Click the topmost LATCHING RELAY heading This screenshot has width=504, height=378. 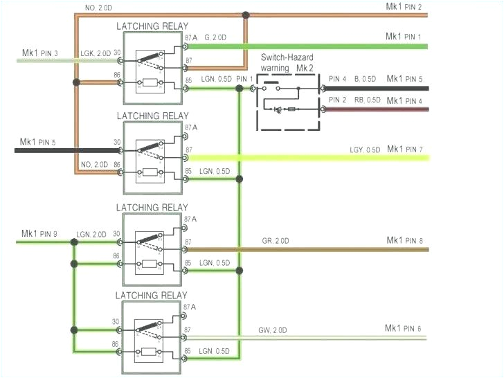152,26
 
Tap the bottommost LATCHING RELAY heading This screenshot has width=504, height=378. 152,295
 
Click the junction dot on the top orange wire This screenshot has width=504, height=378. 246,14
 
